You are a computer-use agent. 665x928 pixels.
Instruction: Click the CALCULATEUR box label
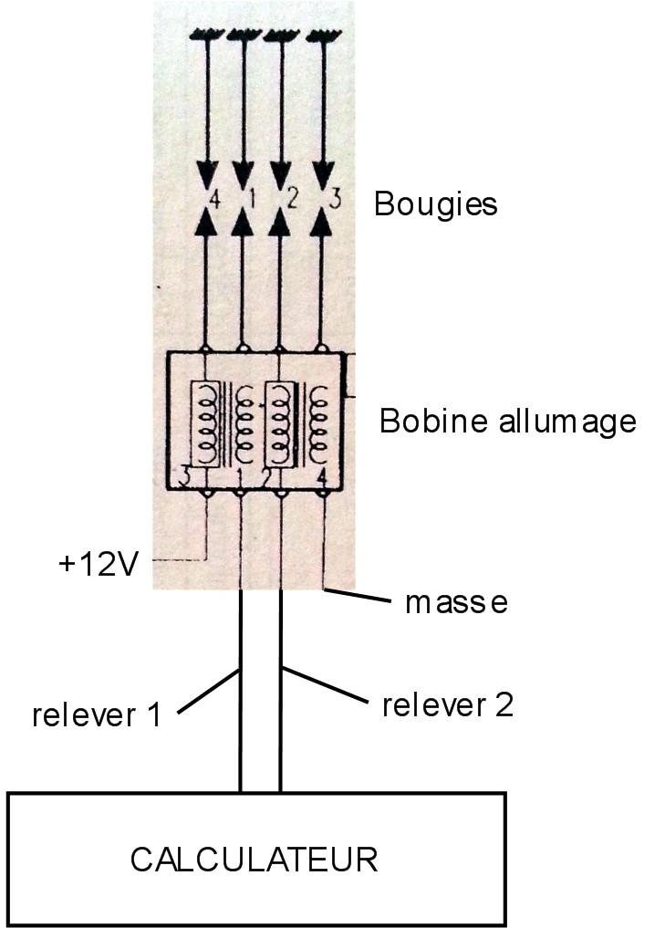click(x=254, y=860)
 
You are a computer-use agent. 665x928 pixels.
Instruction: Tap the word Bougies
click(x=435, y=203)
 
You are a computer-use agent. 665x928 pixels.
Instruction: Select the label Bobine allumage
click(x=507, y=422)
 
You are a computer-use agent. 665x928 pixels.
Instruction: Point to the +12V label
click(x=99, y=565)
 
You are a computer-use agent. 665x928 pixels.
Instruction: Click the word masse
click(x=455, y=603)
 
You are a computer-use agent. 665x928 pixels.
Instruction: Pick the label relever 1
click(x=96, y=714)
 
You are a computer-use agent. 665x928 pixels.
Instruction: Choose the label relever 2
click(x=448, y=704)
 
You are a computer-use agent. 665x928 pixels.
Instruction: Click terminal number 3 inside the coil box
click(x=186, y=474)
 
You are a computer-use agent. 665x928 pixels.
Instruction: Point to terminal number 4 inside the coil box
click(x=320, y=476)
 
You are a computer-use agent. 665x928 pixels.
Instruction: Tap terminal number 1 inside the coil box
click(x=239, y=476)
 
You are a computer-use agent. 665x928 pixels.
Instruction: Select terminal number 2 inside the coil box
click(x=265, y=476)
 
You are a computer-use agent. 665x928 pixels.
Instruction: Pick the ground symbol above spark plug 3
click(x=322, y=37)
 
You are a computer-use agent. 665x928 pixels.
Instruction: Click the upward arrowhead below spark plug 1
click(x=243, y=223)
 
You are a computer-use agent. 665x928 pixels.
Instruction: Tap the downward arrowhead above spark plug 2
click(x=282, y=173)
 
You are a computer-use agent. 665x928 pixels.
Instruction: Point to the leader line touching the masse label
click(x=360, y=597)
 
